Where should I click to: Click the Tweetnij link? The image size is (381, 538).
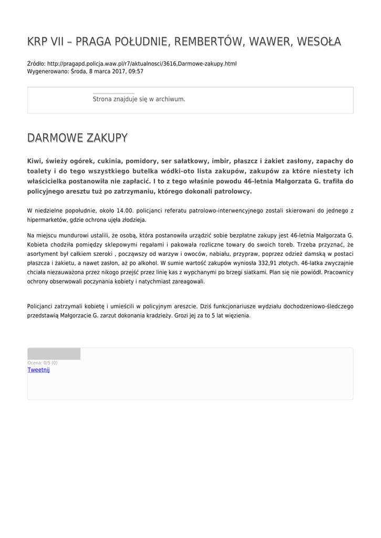[38, 370]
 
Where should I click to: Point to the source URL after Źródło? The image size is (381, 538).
[142, 64]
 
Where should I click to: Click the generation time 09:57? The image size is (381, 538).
[136, 71]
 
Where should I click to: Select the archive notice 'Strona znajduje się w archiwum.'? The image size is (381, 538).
[139, 99]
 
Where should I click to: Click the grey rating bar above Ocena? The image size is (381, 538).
[54, 354]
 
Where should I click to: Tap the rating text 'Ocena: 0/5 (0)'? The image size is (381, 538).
[43, 363]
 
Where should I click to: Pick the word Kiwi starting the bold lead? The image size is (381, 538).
[34, 161]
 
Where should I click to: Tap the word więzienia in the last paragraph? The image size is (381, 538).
[238, 316]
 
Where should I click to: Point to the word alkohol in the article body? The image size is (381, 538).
[172, 263]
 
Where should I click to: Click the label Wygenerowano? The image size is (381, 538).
[47, 71]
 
